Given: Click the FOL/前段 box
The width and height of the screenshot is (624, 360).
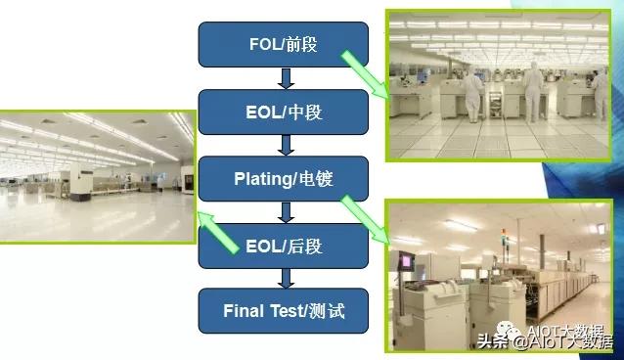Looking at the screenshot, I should (283, 44).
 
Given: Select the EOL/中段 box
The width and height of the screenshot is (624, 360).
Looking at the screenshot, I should (283, 112).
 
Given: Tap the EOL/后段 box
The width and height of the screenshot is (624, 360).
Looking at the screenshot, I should (283, 247).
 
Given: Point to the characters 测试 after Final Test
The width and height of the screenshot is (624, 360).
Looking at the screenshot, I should (324, 313).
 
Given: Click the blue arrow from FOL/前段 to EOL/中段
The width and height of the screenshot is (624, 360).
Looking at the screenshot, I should (285, 78).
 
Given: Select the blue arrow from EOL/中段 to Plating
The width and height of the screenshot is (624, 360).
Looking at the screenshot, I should (285, 146).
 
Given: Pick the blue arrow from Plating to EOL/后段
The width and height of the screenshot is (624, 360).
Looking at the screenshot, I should (285, 212).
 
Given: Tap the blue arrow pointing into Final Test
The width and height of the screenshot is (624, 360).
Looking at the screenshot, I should (285, 279).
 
